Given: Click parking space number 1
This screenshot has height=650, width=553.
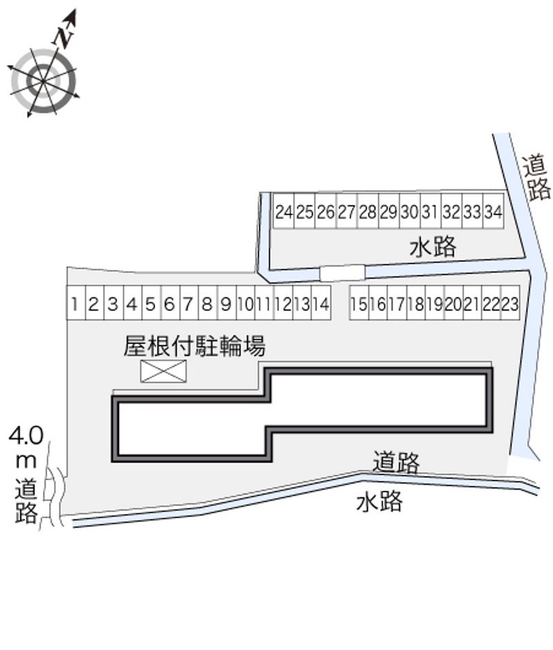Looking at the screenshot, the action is point(74,304).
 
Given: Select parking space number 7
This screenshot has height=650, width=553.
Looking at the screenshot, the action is point(187,304).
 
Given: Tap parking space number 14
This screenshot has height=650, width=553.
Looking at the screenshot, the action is point(320,304).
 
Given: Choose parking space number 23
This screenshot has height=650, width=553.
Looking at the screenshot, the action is point(509,304).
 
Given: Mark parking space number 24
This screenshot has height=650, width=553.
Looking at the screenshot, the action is point(283,212).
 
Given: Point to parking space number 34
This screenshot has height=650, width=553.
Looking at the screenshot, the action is point(492,212).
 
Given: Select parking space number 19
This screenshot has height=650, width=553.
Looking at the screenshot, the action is point(434,304).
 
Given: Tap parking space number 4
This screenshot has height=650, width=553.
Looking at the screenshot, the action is point(130,304).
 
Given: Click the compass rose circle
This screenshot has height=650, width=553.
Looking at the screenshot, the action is point(43,81).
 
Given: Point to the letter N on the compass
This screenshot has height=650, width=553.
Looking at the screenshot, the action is point(64,36).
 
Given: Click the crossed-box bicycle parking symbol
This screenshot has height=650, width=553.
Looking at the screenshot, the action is point(164,371).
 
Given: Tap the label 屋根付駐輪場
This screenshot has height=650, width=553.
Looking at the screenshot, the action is point(194,346).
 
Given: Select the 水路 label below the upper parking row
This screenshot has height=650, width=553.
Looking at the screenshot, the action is point(433,247).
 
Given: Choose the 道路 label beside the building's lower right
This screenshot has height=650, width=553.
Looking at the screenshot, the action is point(396,461).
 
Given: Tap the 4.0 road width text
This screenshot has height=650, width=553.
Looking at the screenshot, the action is point(26,436).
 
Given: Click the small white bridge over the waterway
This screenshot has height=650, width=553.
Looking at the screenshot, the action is point(341,272).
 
